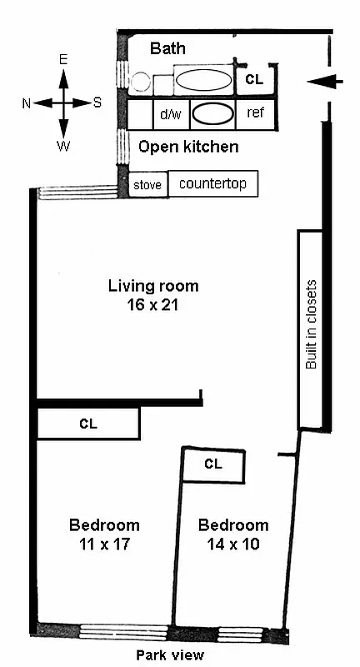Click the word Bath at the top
tap(167, 49)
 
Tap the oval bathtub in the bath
tap(205, 82)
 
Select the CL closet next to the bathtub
tap(254, 81)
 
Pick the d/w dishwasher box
tap(170, 113)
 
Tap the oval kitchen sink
tap(214, 113)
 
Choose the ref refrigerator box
tap(256, 113)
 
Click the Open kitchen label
tap(188, 148)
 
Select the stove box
tap(147, 184)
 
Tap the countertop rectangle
tap(212, 183)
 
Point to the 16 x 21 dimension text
tap(153, 305)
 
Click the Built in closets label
tap(312, 325)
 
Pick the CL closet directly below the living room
tap(87, 424)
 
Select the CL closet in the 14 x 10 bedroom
tap(213, 464)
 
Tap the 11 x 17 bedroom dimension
tap(104, 544)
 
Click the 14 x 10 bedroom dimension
tap(233, 544)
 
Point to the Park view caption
tap(170, 656)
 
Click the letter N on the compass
tap(27, 103)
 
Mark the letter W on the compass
tap(63, 146)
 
